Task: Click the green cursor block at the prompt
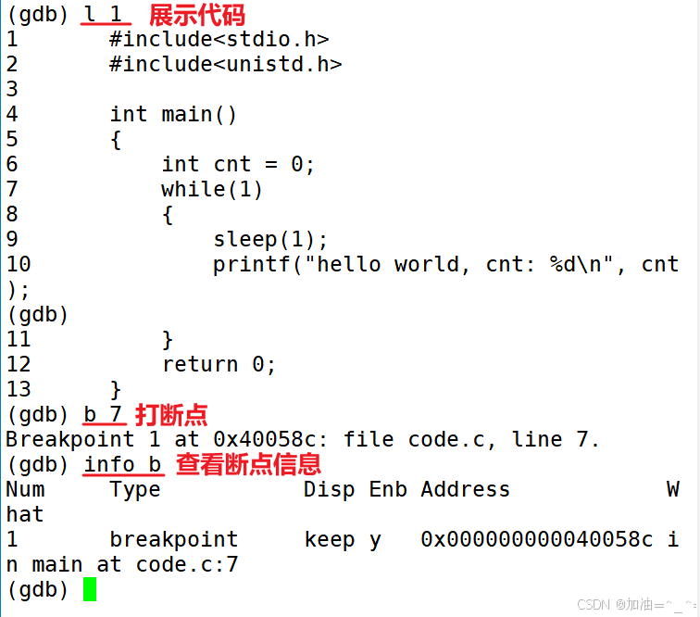click(89, 589)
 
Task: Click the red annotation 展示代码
click(197, 15)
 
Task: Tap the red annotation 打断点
click(171, 414)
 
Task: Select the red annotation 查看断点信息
click(248, 464)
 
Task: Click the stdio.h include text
click(219, 39)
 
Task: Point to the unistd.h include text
click(225, 64)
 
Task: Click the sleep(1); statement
click(270, 239)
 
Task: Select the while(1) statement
click(212, 189)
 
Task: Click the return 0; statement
click(219, 364)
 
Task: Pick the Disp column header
click(329, 489)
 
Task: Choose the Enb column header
click(388, 489)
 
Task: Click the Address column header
click(465, 489)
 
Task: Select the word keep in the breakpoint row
click(329, 539)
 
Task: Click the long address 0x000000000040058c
click(536, 539)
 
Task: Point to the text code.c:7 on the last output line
click(186, 564)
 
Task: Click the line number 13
click(19, 389)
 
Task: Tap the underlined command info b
click(122, 464)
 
